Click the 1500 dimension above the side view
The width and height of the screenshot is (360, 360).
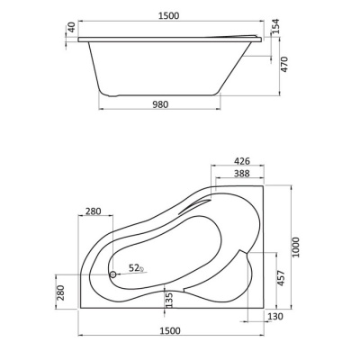(169, 15)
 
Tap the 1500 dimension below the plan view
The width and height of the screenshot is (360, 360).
(170, 330)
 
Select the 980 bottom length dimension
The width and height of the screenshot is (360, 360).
(160, 104)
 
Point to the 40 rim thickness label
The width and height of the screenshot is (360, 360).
(71, 28)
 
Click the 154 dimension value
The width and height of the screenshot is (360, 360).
(275, 26)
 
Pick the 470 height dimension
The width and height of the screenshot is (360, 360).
(283, 64)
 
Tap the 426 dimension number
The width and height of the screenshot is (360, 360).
(241, 161)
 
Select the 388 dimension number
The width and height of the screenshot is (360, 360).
(241, 174)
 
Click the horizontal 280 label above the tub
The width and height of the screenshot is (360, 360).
(94, 211)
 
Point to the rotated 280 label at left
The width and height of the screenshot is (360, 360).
(60, 292)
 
